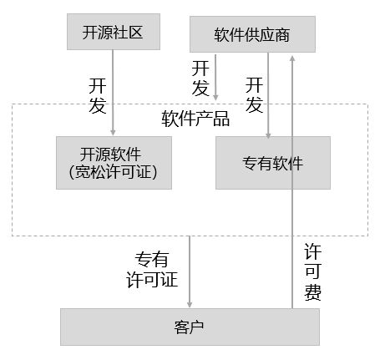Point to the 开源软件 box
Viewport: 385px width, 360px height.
(114, 154)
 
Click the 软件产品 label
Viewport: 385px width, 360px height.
(195, 119)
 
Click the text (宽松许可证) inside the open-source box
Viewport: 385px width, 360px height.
(114, 173)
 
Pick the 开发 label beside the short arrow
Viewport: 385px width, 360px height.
(200, 77)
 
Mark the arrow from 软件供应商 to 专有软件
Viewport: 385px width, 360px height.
(268, 100)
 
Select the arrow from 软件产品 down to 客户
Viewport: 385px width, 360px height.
(191, 271)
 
